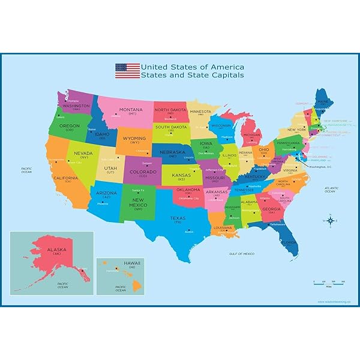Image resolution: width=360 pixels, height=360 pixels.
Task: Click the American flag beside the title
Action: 127,71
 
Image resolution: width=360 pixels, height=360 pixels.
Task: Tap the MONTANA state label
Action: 131,111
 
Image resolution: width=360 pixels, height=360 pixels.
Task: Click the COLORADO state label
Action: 143,172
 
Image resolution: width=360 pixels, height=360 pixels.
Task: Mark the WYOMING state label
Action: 135,139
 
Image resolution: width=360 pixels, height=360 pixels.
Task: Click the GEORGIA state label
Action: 271,209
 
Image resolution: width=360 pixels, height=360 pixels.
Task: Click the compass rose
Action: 329,221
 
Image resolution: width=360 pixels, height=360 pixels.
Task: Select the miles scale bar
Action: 327,282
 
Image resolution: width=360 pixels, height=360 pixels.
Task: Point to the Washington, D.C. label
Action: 322,167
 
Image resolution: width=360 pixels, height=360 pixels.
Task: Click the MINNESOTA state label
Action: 200,112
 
